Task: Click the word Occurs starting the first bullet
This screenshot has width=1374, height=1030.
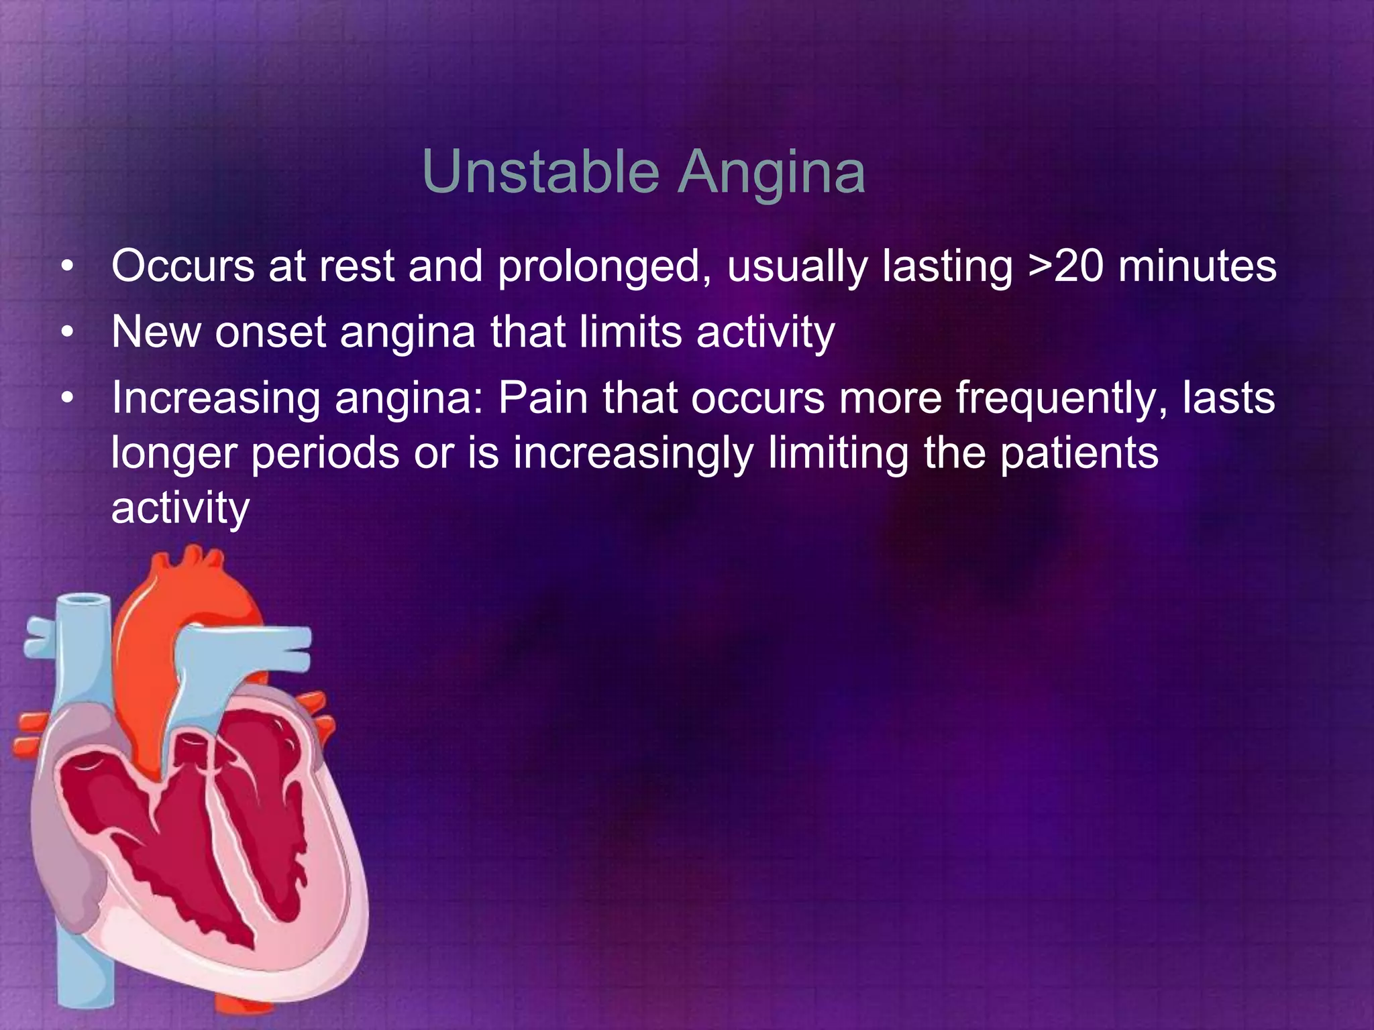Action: pyautogui.click(x=182, y=266)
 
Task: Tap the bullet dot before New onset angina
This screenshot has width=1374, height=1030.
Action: pyautogui.click(x=66, y=333)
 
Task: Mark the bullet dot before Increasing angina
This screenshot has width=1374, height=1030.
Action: pyautogui.click(x=66, y=400)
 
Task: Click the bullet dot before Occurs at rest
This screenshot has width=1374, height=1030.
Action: pyautogui.click(x=66, y=268)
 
